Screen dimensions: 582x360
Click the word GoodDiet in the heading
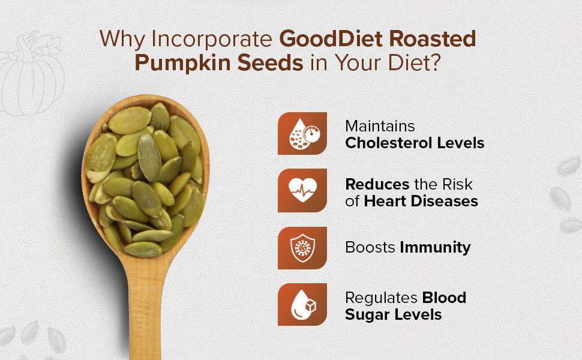(331, 38)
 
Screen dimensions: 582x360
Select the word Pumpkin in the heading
(182, 63)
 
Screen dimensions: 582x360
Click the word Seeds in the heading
(270, 62)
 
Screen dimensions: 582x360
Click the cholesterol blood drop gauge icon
(302, 133)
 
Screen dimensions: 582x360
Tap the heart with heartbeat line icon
(302, 190)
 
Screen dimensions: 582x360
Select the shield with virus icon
(302, 248)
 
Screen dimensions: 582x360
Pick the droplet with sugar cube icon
(302, 304)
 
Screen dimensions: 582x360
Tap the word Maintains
(380, 126)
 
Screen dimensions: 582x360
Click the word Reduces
(377, 184)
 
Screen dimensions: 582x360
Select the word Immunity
(436, 248)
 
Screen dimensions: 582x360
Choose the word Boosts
(370, 248)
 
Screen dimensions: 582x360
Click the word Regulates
(380, 298)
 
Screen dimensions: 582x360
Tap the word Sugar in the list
(367, 316)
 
